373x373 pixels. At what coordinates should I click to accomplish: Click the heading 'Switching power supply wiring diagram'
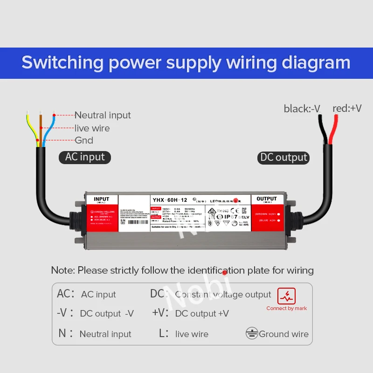[x=186, y=62]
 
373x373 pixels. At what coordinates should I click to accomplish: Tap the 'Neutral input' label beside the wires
[x=103, y=115]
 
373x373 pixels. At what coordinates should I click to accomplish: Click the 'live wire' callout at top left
[x=92, y=128]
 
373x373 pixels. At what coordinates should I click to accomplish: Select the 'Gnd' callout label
[x=84, y=140]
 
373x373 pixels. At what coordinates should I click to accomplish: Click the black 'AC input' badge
[x=85, y=157]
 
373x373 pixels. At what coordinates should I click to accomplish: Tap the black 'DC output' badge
[x=283, y=158]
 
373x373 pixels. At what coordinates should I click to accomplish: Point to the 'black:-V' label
[x=302, y=109]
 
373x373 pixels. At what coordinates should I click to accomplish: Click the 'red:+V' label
[x=347, y=109]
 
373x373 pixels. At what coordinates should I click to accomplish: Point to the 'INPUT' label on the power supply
[x=101, y=199]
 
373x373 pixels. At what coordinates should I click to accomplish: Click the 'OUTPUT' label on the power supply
[x=267, y=199]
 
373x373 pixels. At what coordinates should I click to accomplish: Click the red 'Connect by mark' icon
[x=287, y=296]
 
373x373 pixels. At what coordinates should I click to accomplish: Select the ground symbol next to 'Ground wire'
[x=252, y=333]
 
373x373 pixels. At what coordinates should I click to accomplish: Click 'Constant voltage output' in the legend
[x=223, y=294]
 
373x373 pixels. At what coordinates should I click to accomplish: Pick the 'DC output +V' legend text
[x=202, y=314]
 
